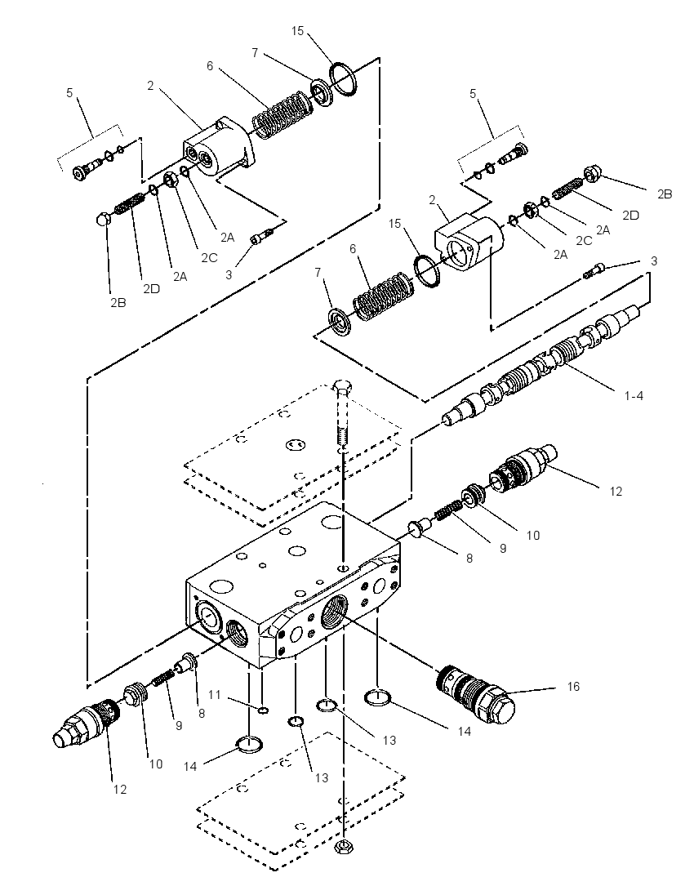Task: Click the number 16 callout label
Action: pyautogui.click(x=573, y=686)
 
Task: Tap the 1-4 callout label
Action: pyautogui.click(x=633, y=395)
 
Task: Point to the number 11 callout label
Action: pyautogui.click(x=214, y=695)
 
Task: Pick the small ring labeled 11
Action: pyautogui.click(x=263, y=710)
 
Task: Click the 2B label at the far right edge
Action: pyautogui.click(x=665, y=194)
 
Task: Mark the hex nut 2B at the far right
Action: pyautogui.click(x=590, y=174)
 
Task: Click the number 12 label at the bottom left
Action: pyautogui.click(x=120, y=790)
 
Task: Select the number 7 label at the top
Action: pyautogui.click(x=255, y=52)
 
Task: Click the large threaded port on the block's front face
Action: pyautogui.click(x=334, y=612)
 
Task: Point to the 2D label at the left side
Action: pyautogui.click(x=151, y=288)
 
